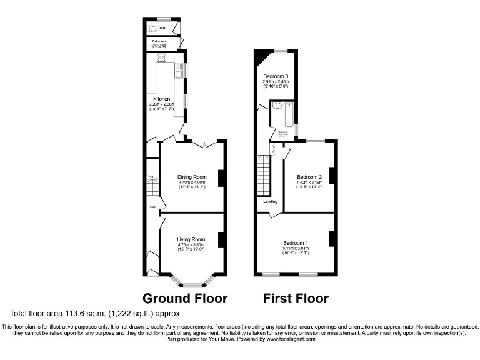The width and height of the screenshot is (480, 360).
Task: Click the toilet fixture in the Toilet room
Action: point(152,28)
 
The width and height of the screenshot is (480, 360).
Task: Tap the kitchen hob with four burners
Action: point(161,59)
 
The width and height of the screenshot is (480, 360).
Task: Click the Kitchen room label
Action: point(162,99)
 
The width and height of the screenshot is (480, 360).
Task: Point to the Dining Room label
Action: point(191,177)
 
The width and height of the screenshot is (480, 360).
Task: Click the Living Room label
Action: point(191,239)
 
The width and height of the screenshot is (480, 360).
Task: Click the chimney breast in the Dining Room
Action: point(221,178)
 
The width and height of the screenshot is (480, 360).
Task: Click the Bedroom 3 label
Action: point(276,76)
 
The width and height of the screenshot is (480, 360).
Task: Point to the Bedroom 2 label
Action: point(309,177)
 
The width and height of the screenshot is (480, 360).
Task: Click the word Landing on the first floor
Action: point(269,202)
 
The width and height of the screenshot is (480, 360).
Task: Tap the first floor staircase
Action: point(265,175)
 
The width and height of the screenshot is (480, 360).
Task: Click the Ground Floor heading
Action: point(185,298)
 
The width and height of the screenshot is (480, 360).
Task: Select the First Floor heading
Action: point(296,298)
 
